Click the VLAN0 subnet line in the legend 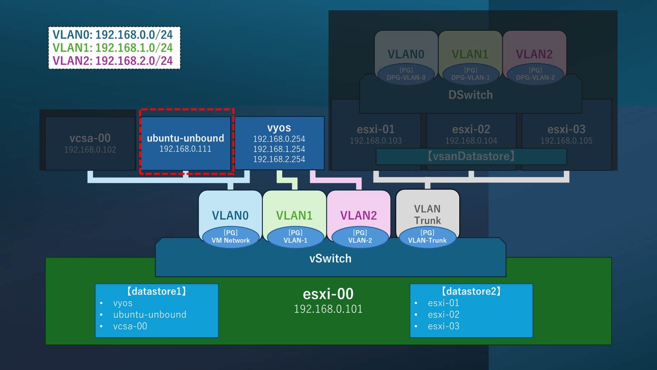pyautogui.click(x=113, y=35)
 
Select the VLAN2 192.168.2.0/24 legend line pyautogui.click(x=113, y=61)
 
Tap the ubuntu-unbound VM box pyautogui.click(x=186, y=143)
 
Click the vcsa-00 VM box pyautogui.click(x=90, y=143)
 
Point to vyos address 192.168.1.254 pyautogui.click(x=279, y=149)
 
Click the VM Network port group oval pyautogui.click(x=231, y=237)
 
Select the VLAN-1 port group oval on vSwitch pyautogui.click(x=295, y=237)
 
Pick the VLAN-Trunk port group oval pyautogui.click(x=427, y=237)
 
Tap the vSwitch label pyautogui.click(x=331, y=259)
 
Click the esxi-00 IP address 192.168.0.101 pyautogui.click(x=328, y=309)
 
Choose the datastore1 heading pyautogui.click(x=156, y=291)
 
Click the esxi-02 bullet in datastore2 pyautogui.click(x=443, y=314)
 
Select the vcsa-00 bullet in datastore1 pyautogui.click(x=130, y=326)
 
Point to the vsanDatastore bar pyautogui.click(x=471, y=156)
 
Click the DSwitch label pyautogui.click(x=471, y=95)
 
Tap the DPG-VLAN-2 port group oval pyautogui.click(x=535, y=74)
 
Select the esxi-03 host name pyautogui.click(x=566, y=129)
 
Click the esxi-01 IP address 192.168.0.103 pyautogui.click(x=376, y=141)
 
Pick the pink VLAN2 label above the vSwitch pyautogui.click(x=358, y=215)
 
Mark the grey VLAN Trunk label pyautogui.click(x=427, y=215)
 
